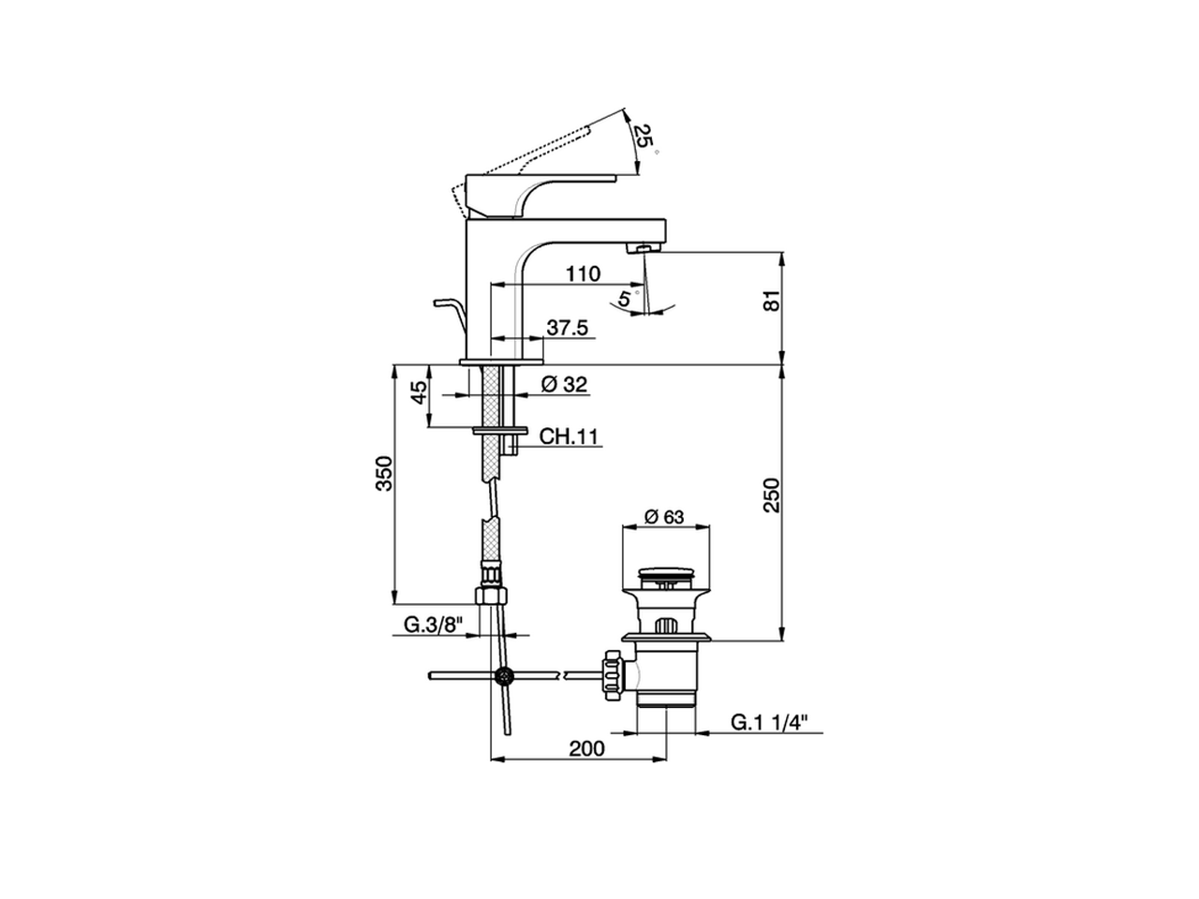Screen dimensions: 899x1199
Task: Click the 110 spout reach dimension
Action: [583, 273]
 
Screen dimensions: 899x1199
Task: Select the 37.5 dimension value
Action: [567, 328]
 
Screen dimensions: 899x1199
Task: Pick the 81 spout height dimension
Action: [771, 302]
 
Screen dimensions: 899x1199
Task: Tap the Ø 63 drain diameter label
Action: [665, 517]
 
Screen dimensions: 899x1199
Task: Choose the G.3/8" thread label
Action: [434, 626]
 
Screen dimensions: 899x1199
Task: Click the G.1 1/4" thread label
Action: [770, 722]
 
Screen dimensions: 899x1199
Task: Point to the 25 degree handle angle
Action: [642, 136]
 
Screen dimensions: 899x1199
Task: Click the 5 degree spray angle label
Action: [624, 300]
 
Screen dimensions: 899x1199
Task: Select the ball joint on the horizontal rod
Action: [505, 675]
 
